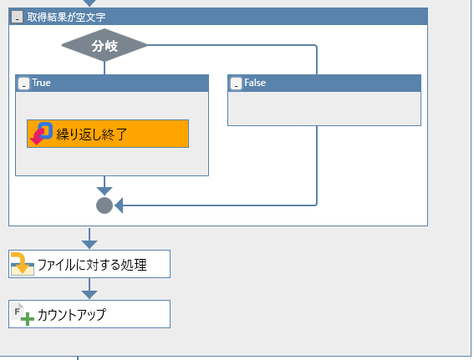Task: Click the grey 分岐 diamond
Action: (x=104, y=46)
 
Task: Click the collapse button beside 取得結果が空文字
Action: (x=18, y=17)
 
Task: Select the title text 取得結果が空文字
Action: (x=66, y=17)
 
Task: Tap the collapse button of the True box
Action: (x=23, y=84)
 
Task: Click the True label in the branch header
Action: (x=42, y=84)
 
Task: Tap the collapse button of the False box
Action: (x=236, y=84)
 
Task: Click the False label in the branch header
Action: (x=255, y=84)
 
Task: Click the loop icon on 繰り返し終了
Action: (x=41, y=133)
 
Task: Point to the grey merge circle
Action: (x=104, y=205)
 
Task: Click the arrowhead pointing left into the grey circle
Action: (x=119, y=205)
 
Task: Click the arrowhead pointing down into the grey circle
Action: (x=104, y=191)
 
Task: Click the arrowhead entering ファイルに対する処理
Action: (x=89, y=243)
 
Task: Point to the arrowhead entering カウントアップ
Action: (x=89, y=293)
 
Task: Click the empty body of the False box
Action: (x=324, y=109)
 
